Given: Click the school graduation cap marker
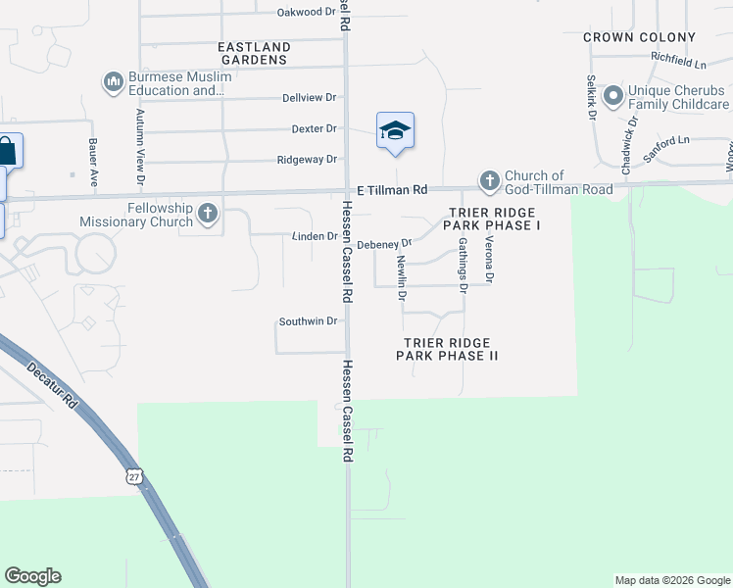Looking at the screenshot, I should coord(395,130).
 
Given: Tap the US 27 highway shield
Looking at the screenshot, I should coord(134,476).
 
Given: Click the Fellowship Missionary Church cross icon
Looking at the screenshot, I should coord(207,213).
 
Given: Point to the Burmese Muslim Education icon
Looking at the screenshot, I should coord(113,81).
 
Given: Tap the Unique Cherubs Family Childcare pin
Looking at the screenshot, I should coord(613,95).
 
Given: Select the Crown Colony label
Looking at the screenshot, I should coord(639,37).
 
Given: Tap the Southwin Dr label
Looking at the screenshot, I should coord(308,320).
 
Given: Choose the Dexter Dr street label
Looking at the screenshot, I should coord(314,128).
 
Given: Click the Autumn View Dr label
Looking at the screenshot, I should coord(140,148).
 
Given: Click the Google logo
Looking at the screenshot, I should coord(32,576).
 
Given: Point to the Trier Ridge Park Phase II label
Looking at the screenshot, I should coord(447,349).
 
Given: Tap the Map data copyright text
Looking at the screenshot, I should coord(671,580).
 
